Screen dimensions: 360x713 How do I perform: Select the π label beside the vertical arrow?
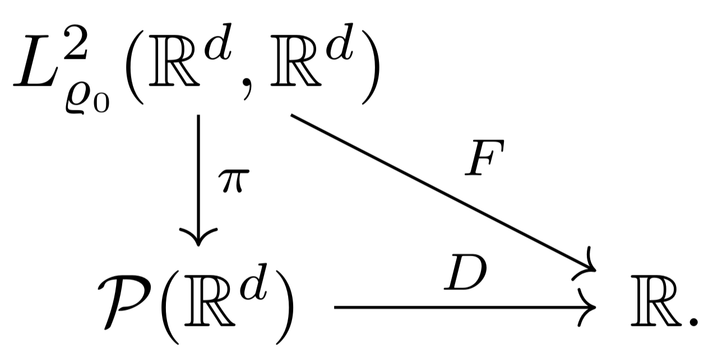tap(232, 183)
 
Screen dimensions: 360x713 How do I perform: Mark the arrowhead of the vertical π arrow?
tap(198, 238)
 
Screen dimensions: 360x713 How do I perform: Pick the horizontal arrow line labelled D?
tap(460, 307)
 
